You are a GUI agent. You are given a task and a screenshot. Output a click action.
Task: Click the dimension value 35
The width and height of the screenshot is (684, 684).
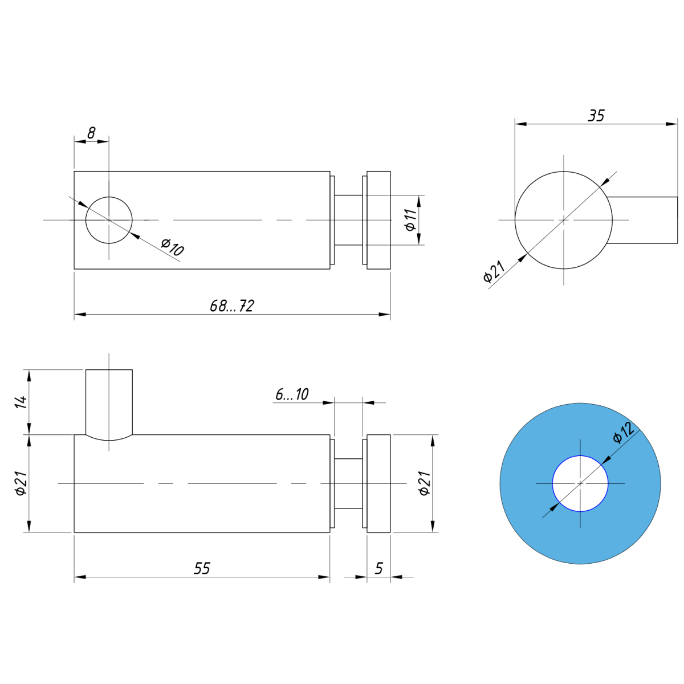click(596, 116)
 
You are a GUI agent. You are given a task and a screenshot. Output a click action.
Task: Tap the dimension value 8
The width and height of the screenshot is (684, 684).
click(91, 133)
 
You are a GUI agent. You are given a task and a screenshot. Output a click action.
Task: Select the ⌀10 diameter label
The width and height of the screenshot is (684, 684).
click(173, 247)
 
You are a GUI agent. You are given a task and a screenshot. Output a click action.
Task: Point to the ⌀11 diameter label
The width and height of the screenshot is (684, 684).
click(410, 220)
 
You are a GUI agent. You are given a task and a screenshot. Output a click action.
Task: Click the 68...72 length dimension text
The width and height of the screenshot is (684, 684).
click(232, 306)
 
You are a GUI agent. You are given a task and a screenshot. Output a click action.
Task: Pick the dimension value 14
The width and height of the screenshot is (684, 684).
click(21, 402)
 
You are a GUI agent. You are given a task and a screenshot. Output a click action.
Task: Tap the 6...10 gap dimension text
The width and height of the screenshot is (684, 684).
click(292, 394)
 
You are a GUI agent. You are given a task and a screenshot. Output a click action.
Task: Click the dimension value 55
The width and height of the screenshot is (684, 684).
click(202, 568)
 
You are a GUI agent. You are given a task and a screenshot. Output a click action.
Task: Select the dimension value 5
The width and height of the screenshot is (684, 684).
click(378, 568)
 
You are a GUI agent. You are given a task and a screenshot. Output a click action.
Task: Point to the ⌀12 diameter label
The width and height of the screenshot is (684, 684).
click(624, 433)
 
